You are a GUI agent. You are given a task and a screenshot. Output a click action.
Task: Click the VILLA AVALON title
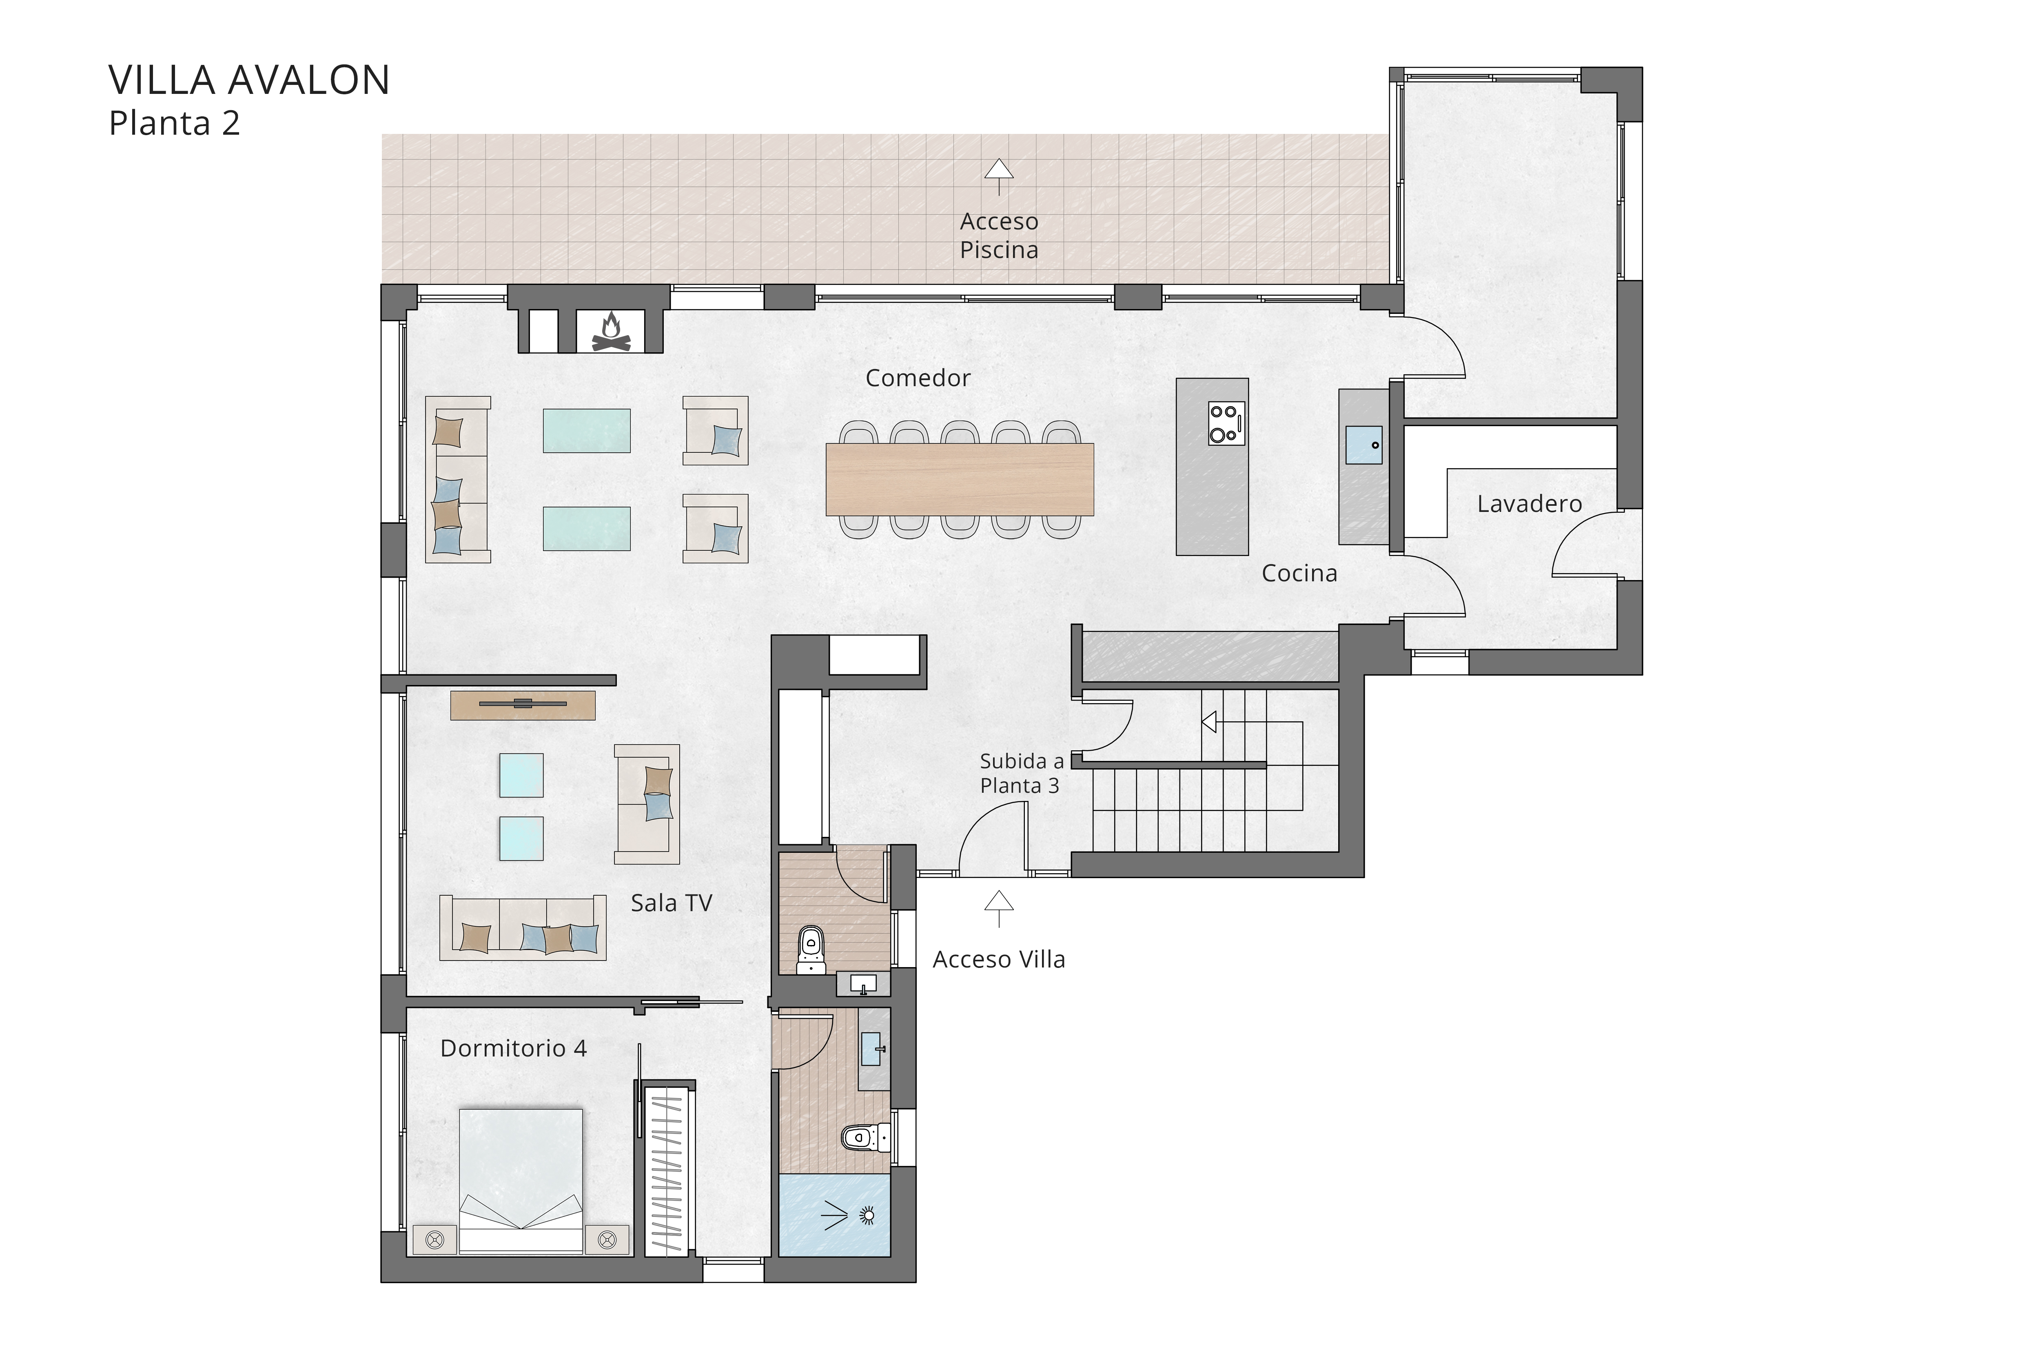pos(249,80)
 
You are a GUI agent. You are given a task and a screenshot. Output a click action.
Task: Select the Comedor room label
pos(917,378)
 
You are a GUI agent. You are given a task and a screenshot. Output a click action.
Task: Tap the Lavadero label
pos(1529,504)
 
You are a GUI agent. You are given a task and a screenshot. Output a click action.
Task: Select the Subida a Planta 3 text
pos(1022,773)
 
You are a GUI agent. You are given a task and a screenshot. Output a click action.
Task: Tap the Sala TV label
pos(671,903)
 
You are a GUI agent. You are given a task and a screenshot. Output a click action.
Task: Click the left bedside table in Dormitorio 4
pos(435,1240)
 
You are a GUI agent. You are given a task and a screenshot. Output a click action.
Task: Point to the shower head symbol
pos(867,1216)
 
